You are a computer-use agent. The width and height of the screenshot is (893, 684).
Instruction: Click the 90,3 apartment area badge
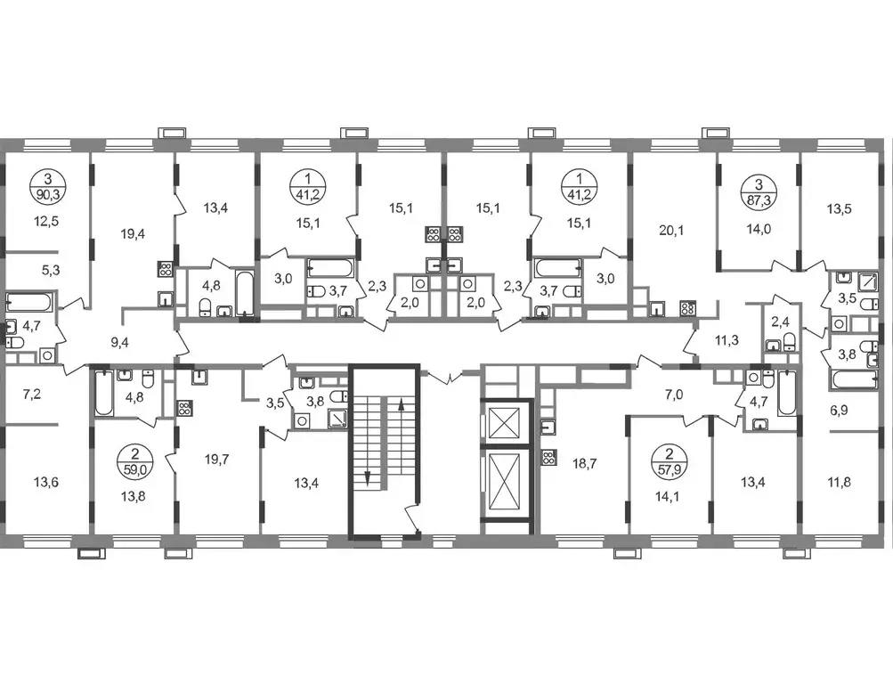(x=48, y=186)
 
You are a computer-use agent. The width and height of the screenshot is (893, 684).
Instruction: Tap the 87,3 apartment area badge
(x=759, y=192)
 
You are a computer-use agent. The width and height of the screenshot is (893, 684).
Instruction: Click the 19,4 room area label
(x=133, y=233)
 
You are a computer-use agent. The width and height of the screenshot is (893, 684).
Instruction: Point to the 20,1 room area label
(x=671, y=230)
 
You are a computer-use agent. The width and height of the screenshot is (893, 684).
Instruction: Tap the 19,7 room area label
(x=217, y=459)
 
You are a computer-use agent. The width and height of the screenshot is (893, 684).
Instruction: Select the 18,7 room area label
(x=584, y=464)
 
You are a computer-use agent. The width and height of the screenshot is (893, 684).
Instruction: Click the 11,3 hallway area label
(x=727, y=340)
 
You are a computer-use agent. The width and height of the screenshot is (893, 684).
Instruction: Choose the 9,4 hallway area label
(x=119, y=342)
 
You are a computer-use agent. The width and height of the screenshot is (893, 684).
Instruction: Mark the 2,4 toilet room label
(x=780, y=321)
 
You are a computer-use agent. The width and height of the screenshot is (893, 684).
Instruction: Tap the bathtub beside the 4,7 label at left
(x=30, y=303)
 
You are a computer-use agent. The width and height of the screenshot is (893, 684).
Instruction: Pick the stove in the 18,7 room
(x=548, y=458)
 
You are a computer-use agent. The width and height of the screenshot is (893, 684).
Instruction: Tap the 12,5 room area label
(x=46, y=221)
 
